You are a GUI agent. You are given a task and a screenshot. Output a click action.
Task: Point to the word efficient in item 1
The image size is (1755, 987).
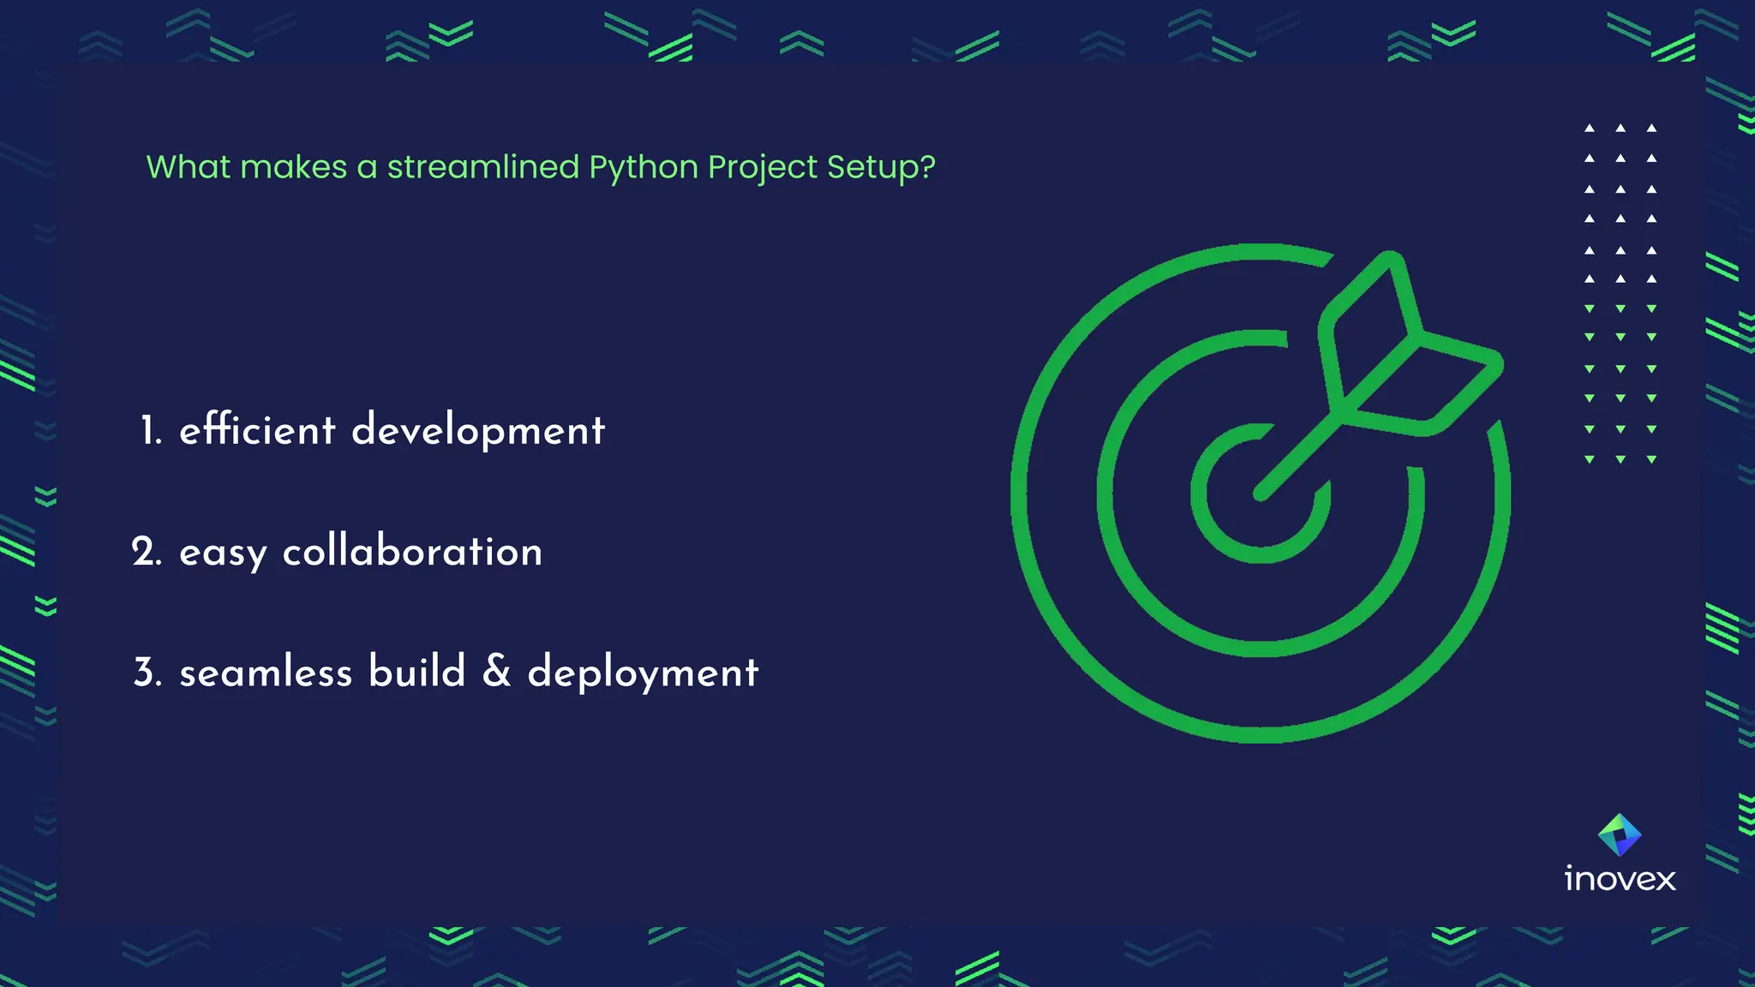(257, 429)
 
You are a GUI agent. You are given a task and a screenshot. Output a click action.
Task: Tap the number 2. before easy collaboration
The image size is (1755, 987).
(147, 552)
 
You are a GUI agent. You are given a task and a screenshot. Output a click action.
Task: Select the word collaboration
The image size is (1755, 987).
(412, 552)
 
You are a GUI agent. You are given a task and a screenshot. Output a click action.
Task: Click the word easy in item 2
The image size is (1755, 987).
(223, 553)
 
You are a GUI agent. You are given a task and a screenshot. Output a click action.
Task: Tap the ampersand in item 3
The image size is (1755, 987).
(497, 671)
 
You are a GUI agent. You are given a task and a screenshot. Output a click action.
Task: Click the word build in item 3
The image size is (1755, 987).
(417, 671)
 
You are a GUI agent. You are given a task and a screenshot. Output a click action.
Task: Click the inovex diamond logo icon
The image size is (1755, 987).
(1620, 834)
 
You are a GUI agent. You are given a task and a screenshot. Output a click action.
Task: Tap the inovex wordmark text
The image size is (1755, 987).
(1620, 879)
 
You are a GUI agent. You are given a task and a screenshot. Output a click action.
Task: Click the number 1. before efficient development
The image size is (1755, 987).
(151, 430)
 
